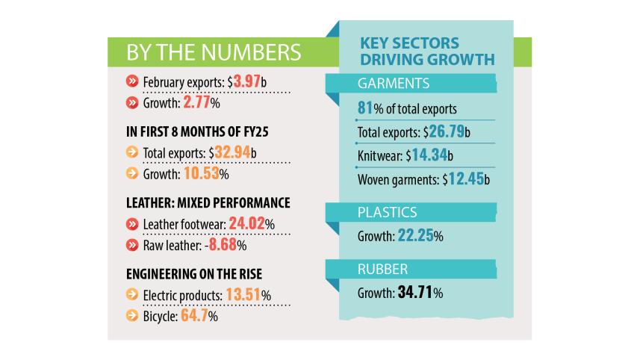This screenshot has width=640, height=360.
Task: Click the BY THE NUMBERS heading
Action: pos(214,52)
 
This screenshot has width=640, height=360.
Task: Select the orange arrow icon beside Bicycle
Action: pos(132,316)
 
